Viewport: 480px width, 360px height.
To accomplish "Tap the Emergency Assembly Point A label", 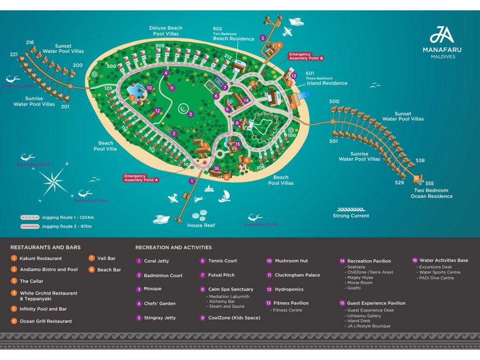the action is [x=141, y=178].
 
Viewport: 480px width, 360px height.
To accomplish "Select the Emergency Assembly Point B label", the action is [x=306, y=57].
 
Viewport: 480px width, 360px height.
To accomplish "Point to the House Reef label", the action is [x=201, y=225].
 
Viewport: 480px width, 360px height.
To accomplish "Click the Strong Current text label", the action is [x=351, y=216].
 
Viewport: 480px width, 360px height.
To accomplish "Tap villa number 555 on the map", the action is [x=429, y=183].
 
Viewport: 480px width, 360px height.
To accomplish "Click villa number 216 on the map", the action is [x=30, y=43].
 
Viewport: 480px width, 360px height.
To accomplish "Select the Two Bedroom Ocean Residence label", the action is [x=431, y=194].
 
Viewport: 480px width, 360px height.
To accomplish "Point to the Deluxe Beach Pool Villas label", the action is [x=165, y=31].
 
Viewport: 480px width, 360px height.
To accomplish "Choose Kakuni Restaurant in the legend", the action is [x=40, y=258].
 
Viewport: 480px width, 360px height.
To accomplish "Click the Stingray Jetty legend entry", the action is [x=159, y=318].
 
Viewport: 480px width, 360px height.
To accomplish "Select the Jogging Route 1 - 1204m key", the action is [x=57, y=217].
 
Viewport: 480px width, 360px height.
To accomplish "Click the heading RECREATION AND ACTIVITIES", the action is [x=173, y=247].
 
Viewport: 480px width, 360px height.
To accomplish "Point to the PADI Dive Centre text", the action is [x=436, y=278].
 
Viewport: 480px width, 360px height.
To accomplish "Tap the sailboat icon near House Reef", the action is [x=225, y=196].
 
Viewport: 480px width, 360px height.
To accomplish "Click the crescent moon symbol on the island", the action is [x=183, y=109].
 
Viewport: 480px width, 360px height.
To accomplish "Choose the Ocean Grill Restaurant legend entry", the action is [x=45, y=321].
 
